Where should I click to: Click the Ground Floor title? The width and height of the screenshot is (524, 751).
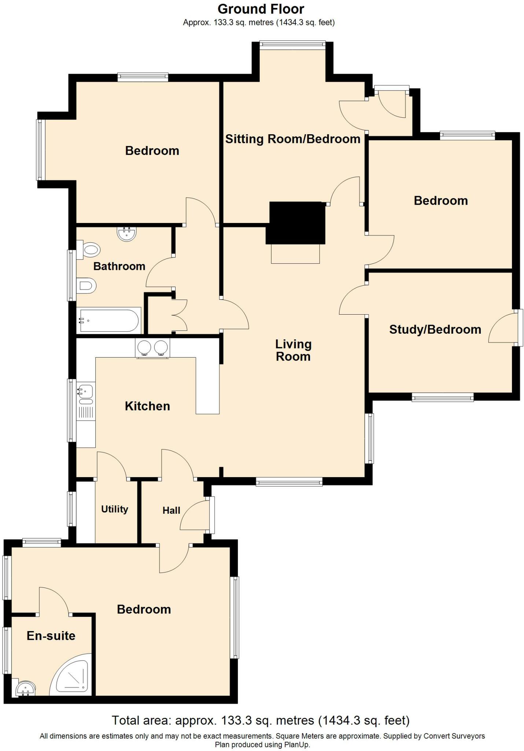pyautogui.click(x=261, y=9)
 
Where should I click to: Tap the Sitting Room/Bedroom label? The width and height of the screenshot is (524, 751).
pyautogui.click(x=292, y=139)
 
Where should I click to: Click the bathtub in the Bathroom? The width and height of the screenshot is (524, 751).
pyautogui.click(x=109, y=320)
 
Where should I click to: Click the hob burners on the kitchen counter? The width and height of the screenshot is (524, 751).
pyautogui.click(x=152, y=347)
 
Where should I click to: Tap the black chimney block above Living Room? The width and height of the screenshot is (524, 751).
pyautogui.click(x=296, y=222)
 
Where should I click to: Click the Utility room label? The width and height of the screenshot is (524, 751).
pyautogui.click(x=114, y=509)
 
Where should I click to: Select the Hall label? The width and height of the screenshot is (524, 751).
pyautogui.click(x=171, y=510)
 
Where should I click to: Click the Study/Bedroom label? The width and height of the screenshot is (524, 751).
pyautogui.click(x=435, y=329)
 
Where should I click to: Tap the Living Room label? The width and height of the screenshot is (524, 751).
pyautogui.click(x=293, y=350)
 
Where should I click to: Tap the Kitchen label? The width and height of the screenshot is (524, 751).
pyautogui.click(x=147, y=406)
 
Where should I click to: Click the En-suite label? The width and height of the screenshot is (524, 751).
pyautogui.click(x=51, y=636)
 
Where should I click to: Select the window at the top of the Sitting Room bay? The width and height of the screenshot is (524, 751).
pyautogui.click(x=292, y=45)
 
